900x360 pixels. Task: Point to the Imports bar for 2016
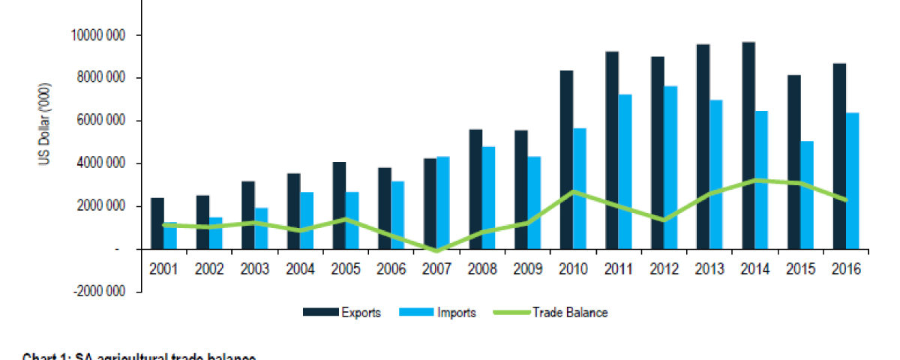point(852,180)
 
